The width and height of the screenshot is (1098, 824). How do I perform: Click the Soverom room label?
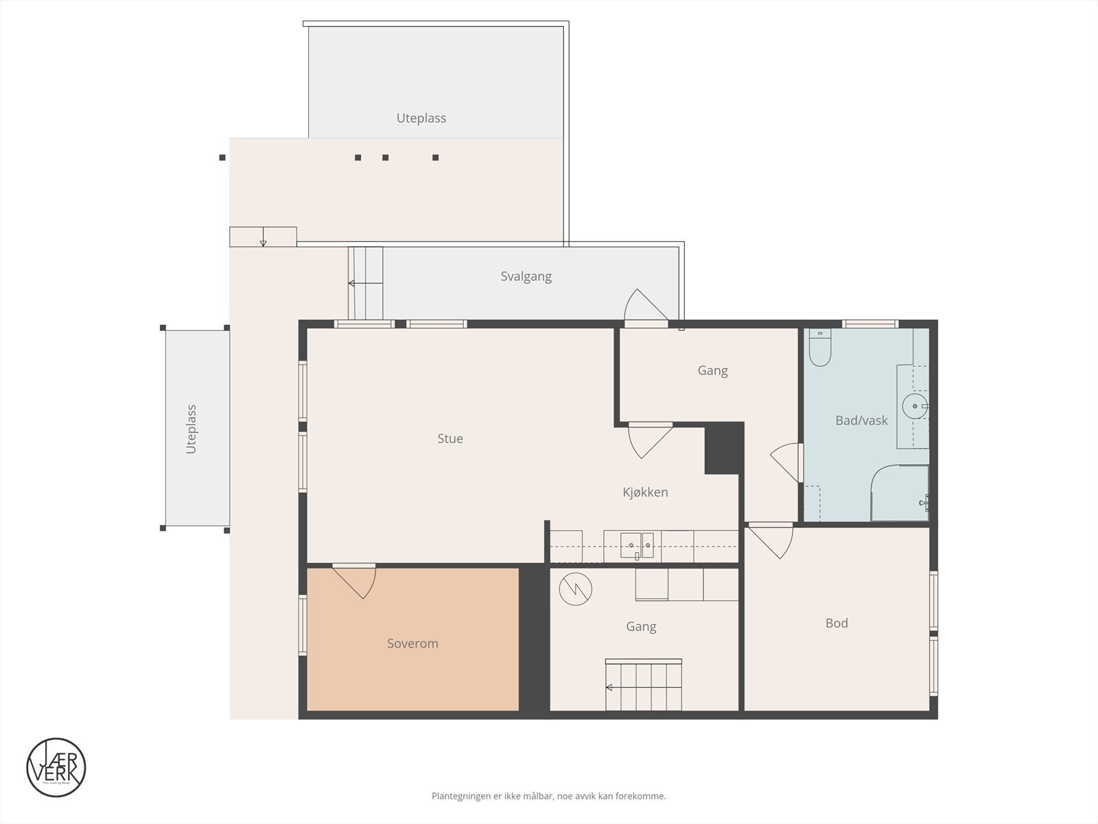pyautogui.click(x=412, y=643)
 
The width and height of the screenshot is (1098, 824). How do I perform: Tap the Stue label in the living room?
pyautogui.click(x=450, y=439)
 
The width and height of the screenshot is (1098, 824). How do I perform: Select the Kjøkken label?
pyautogui.click(x=645, y=492)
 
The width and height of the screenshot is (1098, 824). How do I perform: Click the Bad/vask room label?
pyautogui.click(x=861, y=421)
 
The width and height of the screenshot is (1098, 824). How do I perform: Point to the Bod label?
pyautogui.click(x=837, y=623)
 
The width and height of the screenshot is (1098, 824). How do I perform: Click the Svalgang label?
pyautogui.click(x=526, y=277)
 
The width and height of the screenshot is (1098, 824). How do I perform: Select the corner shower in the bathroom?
pyautogui.click(x=899, y=493)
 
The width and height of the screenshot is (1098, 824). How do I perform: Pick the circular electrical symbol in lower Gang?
pyautogui.click(x=575, y=588)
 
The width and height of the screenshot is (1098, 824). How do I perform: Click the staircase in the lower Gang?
pyautogui.click(x=643, y=685)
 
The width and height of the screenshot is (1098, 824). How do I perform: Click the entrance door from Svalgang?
pyautogui.click(x=646, y=308)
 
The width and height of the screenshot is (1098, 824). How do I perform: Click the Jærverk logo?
pyautogui.click(x=56, y=767)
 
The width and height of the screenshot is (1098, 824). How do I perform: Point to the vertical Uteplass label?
pyautogui.click(x=191, y=429)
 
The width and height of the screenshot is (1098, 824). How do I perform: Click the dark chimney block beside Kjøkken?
pyautogui.click(x=724, y=448)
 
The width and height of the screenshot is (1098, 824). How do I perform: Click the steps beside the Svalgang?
pyautogui.click(x=366, y=283)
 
